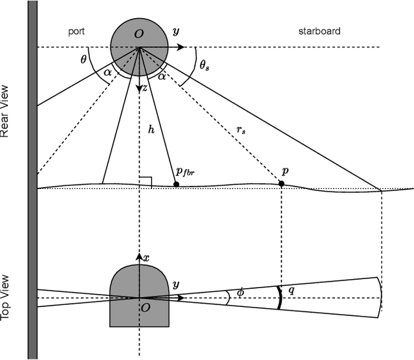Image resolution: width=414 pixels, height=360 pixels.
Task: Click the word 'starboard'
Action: (319, 31)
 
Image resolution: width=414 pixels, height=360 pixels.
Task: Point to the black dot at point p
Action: (281, 185)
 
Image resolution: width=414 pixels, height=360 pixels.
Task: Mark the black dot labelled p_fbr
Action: (176, 185)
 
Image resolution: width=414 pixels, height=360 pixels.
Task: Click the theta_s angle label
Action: (203, 65)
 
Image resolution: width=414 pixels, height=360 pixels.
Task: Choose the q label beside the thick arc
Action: (291, 291)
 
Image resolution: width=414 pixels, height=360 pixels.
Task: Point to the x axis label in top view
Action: (146, 258)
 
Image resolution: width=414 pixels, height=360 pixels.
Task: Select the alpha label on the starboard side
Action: (162, 76)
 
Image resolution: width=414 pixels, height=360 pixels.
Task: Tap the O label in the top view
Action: (146, 309)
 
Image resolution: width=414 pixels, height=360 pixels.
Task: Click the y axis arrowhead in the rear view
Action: (182, 47)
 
